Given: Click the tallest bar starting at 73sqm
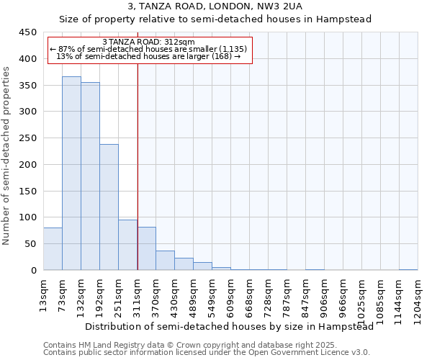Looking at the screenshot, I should pyautogui.click(x=71, y=173).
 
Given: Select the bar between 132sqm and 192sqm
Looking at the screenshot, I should pyautogui.click(x=90, y=176).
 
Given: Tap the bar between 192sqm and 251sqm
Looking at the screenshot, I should pyautogui.click(x=109, y=207).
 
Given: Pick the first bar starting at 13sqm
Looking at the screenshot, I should pyautogui.click(x=53, y=249).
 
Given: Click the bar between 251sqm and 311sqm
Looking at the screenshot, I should pyautogui.click(x=127, y=245).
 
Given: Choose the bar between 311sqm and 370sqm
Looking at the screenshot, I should pyautogui.click(x=146, y=248).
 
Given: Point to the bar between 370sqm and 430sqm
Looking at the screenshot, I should pyautogui.click(x=165, y=261).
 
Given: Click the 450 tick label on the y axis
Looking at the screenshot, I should pyautogui.click(x=27, y=32).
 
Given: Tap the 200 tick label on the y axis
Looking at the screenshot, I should pyautogui.click(x=27, y=165).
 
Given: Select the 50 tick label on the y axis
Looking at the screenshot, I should pyautogui.click(x=30, y=244).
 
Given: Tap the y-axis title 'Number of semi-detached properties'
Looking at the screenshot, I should pyautogui.click(x=6, y=156).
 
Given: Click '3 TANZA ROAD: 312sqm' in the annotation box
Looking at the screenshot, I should pyautogui.click(x=148, y=42).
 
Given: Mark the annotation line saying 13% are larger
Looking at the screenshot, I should pyautogui.click(x=148, y=56).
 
